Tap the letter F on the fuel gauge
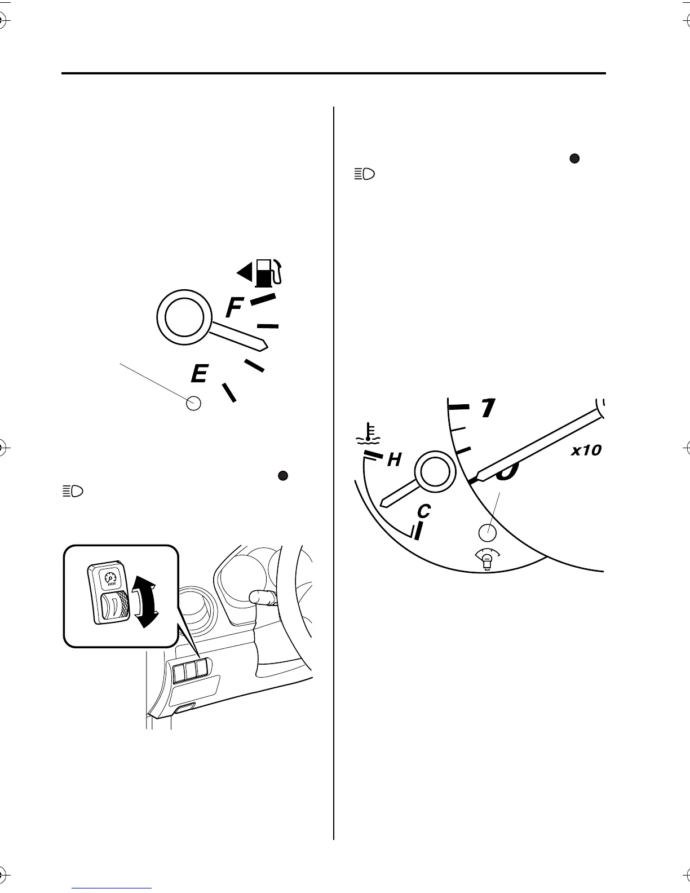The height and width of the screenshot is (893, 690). click(x=235, y=308)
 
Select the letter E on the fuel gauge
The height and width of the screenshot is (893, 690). click(x=199, y=374)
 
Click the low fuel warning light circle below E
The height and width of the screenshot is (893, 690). click(x=193, y=403)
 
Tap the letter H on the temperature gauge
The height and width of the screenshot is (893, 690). click(x=393, y=460)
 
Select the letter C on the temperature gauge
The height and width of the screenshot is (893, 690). click(x=423, y=511)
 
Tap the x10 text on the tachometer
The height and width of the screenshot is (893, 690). click(x=585, y=450)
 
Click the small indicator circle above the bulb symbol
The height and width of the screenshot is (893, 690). click(x=487, y=532)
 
